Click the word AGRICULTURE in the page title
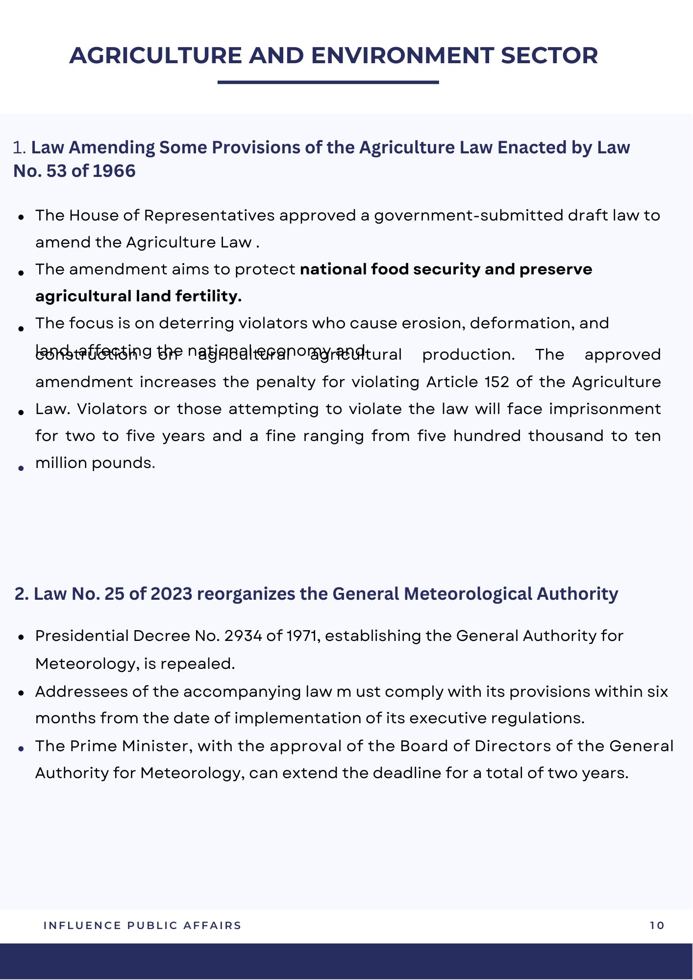tap(155, 55)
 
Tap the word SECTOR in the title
tap(549, 55)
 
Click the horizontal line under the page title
tap(328, 82)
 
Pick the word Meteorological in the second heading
tap(469, 593)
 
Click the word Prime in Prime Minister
tap(93, 746)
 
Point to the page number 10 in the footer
tap(657, 926)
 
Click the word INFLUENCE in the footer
tap(82, 926)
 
